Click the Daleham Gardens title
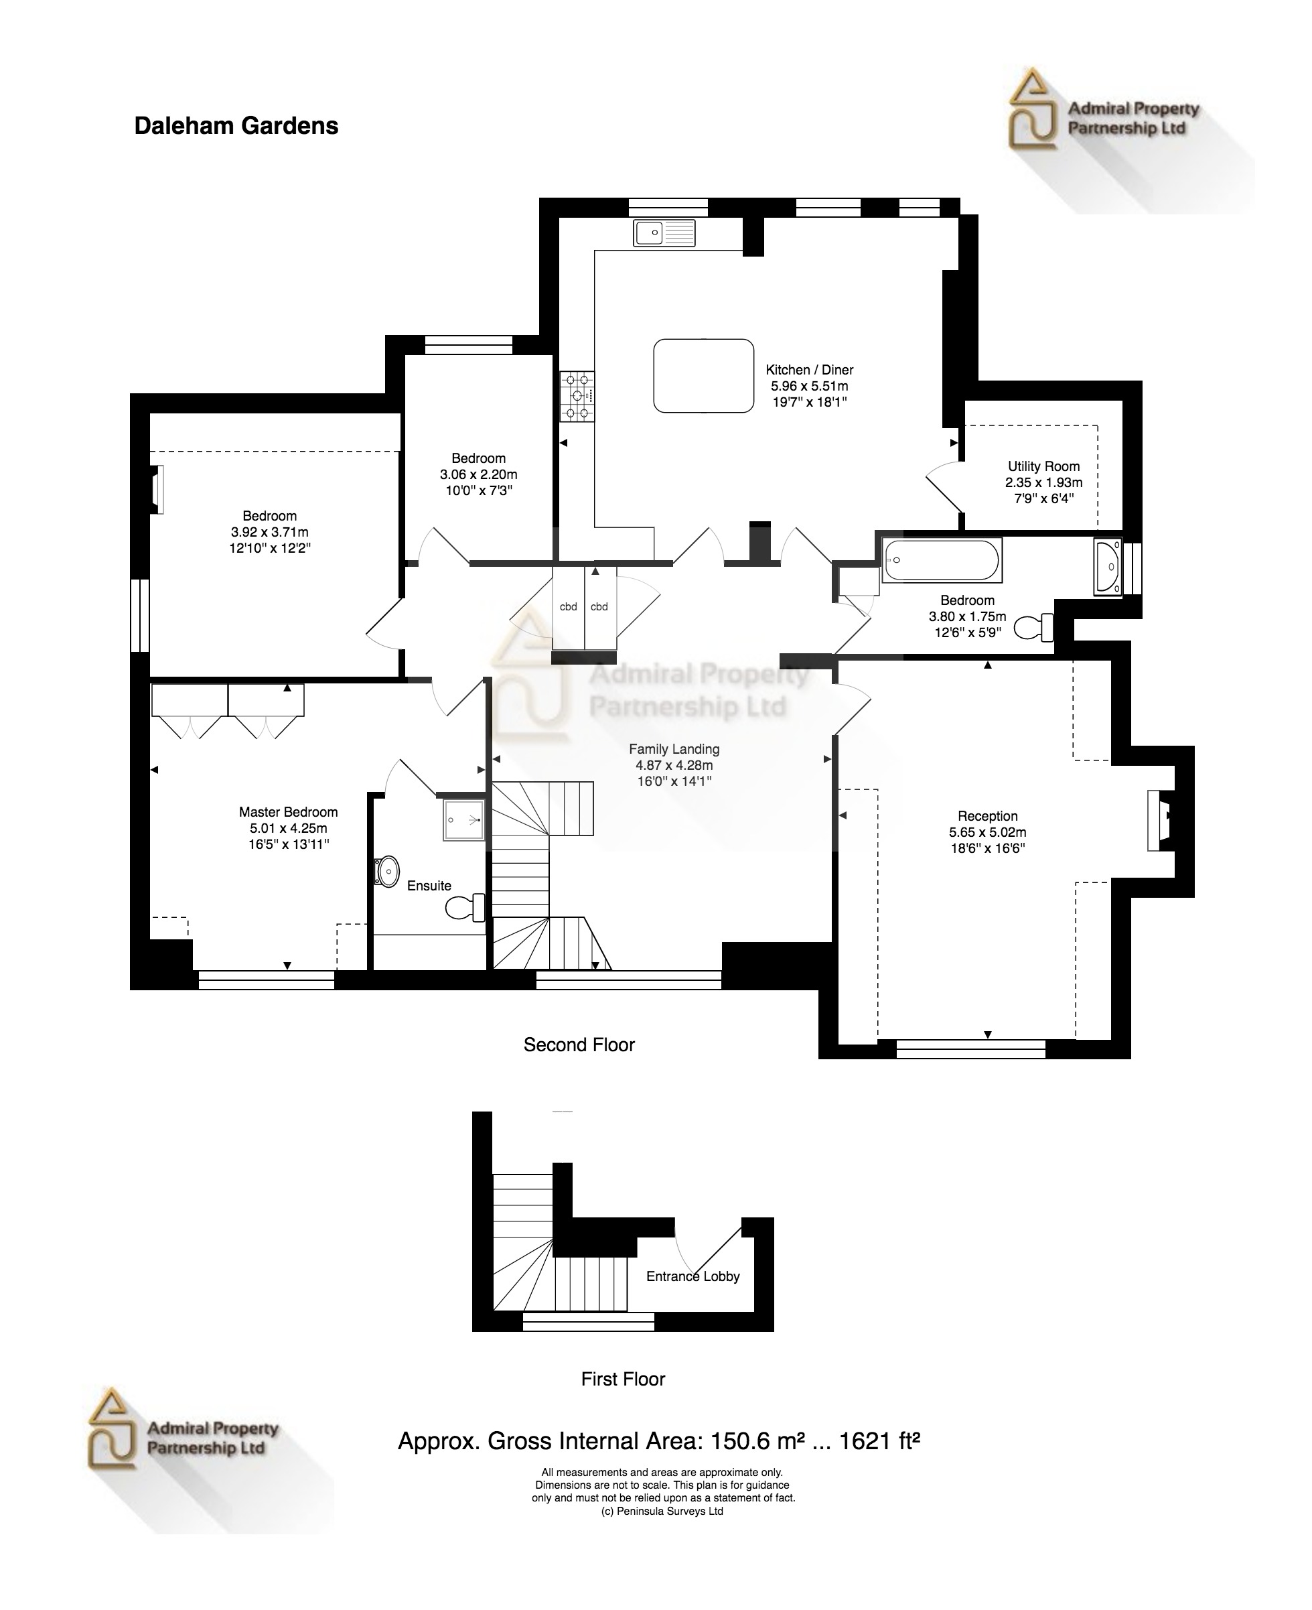[236, 125]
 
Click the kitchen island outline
[704, 376]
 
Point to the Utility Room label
[1043, 466]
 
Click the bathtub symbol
[942, 560]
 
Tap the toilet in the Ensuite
[464, 907]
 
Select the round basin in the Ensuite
[388, 872]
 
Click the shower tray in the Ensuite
[463, 819]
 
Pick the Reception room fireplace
[1159, 820]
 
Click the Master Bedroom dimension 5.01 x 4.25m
[288, 828]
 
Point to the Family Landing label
[674, 749]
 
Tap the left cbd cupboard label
[569, 606]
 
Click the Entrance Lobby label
[693, 1276]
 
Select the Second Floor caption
[579, 1045]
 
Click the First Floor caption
[623, 1379]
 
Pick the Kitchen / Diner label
[810, 370]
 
